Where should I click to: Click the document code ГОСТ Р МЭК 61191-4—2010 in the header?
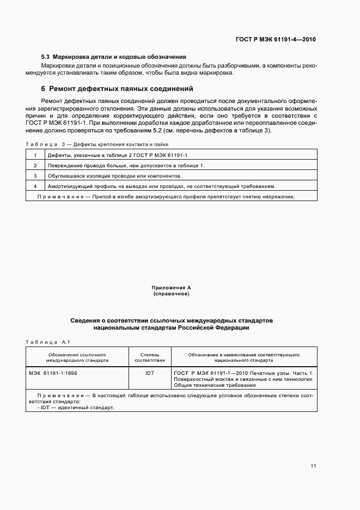click(276, 39)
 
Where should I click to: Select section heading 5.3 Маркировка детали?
click(114, 57)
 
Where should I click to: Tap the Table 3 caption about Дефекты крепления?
click(97, 144)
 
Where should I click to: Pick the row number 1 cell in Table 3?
click(35, 155)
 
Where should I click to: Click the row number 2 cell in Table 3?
click(35, 166)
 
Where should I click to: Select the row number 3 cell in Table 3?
click(35, 176)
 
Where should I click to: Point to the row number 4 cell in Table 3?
click(35, 186)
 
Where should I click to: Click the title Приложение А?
click(171, 287)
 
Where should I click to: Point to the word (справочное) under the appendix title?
click(171, 294)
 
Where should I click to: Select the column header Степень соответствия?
click(149, 357)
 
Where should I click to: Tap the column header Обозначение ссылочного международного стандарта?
click(77, 357)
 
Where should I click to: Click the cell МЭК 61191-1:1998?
click(53, 374)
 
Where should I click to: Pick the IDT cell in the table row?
click(149, 374)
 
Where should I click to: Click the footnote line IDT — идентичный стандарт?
click(76, 408)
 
